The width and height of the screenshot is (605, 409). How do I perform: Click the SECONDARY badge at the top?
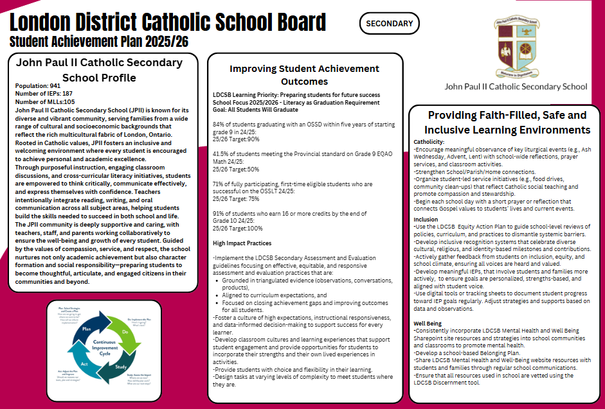point(389,24)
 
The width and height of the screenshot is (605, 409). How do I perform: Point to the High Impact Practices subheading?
point(242,243)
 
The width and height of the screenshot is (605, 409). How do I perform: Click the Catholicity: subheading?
point(429,141)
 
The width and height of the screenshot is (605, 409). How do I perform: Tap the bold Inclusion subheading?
point(426,220)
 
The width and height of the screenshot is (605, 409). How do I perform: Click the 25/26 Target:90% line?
point(236,139)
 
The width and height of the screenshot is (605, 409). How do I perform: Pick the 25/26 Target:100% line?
point(238,228)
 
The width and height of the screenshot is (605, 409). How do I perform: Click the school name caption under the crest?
point(516,86)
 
